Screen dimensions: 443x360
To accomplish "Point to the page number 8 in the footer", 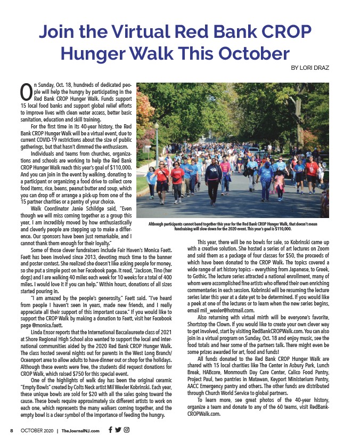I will [11, 430].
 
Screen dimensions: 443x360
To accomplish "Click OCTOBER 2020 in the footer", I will [37, 430].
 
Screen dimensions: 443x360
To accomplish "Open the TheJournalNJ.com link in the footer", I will [80, 430].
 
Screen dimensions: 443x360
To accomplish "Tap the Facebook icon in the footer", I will [110, 430].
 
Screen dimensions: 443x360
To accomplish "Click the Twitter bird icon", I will [118, 430].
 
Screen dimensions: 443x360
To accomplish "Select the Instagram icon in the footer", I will [127, 430].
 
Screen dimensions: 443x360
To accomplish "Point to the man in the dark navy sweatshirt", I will [212, 179].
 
